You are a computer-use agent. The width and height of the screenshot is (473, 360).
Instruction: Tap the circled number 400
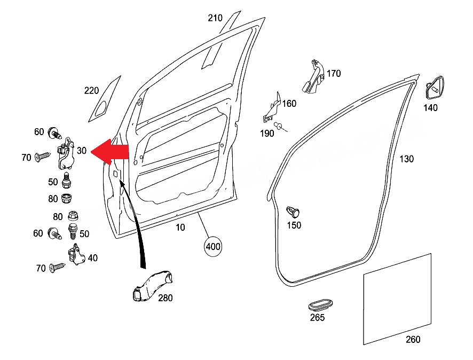coord(213,247)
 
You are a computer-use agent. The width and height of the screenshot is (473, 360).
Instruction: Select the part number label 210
coord(215,18)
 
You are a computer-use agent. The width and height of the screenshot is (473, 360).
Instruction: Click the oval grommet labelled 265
coord(320,304)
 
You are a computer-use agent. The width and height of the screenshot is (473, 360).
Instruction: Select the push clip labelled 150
coord(293,211)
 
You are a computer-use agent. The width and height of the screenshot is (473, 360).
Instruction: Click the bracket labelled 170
coord(313,77)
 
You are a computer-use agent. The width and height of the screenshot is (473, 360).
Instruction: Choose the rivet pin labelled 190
coord(278,125)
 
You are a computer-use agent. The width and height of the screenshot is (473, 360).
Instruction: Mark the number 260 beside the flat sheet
coord(413,339)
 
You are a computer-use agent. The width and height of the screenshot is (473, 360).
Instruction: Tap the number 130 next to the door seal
coord(406,159)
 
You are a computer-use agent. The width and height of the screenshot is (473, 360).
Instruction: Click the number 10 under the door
coord(180,228)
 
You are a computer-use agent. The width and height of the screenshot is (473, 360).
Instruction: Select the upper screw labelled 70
coord(42,156)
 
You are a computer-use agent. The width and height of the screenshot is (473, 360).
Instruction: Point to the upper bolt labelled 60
coord(54,131)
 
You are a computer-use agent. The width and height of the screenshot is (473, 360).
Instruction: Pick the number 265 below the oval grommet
coord(317,318)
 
